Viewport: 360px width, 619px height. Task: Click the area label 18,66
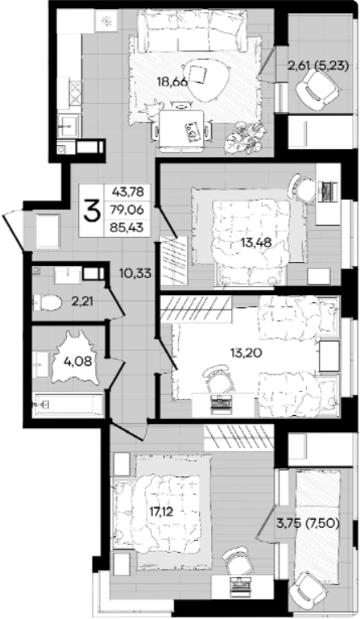tap(172, 82)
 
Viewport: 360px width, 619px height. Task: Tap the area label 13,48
tap(256, 243)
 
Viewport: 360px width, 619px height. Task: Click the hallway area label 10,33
tap(136, 272)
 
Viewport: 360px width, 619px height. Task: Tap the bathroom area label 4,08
tap(80, 361)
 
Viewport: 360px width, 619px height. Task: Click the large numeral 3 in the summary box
tap(91, 210)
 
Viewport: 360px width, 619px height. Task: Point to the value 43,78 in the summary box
tap(128, 193)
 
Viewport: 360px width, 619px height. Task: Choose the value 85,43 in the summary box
tap(128, 227)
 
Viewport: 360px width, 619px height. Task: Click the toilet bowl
tap(48, 303)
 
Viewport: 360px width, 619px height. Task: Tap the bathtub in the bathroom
tap(68, 405)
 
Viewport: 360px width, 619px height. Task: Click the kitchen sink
tap(69, 126)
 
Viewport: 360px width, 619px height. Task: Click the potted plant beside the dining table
tap(243, 138)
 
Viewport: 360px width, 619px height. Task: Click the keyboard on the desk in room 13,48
tap(327, 191)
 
